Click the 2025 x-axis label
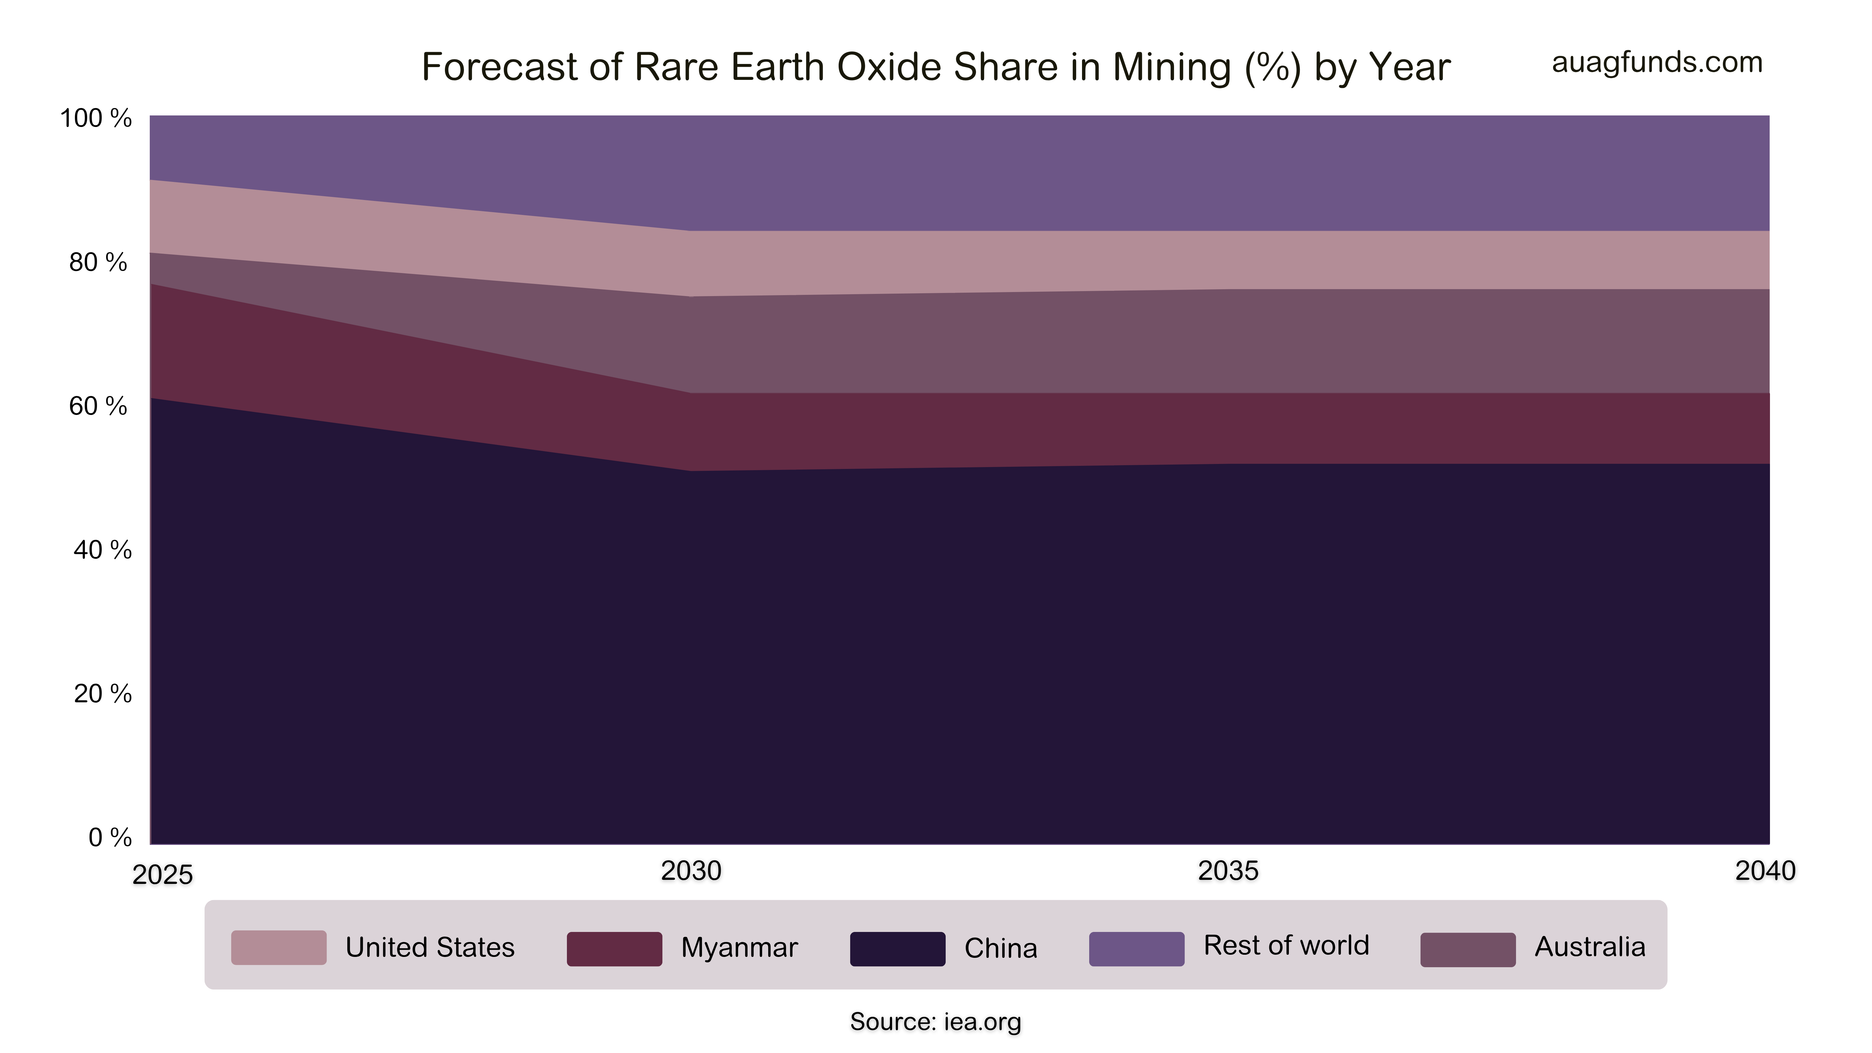coord(162,875)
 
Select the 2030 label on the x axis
coord(690,870)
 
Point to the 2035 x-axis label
coord(1227,870)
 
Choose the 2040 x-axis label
coord(1764,870)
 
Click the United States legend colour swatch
coord(278,948)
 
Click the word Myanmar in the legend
coord(739,948)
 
